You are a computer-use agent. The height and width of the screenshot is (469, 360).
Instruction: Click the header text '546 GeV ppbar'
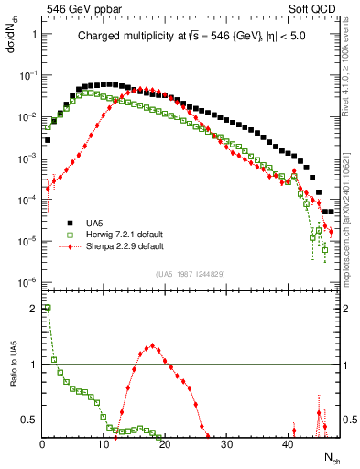(77, 10)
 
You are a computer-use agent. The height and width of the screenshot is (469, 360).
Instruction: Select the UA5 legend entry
(95, 223)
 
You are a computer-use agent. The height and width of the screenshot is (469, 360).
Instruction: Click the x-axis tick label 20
(165, 445)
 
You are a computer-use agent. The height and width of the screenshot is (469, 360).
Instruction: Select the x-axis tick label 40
(288, 445)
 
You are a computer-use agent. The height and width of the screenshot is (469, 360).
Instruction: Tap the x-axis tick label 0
(42, 445)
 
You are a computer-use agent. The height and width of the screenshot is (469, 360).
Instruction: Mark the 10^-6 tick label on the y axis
(28, 282)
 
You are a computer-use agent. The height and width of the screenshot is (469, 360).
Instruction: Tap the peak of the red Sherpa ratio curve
(152, 346)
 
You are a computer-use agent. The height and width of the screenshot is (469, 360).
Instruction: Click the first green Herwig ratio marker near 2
(48, 309)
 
